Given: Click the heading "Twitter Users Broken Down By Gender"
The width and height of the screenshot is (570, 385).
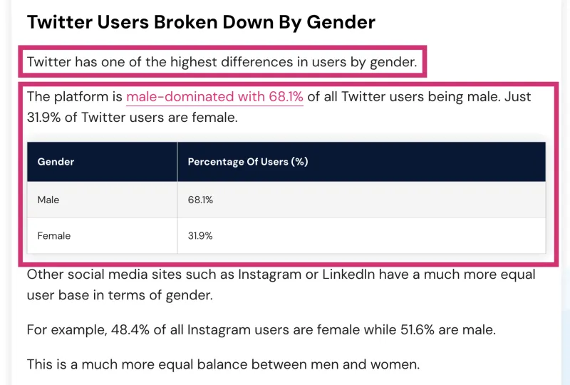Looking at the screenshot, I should pyautogui.click(x=201, y=22).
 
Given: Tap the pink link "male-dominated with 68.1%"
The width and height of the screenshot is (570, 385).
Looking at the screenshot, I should pyautogui.click(x=214, y=96).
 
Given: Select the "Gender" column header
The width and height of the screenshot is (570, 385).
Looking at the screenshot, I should pyautogui.click(x=56, y=162).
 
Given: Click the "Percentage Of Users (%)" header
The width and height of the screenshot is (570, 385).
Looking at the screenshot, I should pyautogui.click(x=247, y=162).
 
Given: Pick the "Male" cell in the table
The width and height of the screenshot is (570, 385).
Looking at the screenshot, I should pyautogui.click(x=48, y=200).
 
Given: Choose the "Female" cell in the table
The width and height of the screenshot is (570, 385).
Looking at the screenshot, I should pyautogui.click(x=54, y=236).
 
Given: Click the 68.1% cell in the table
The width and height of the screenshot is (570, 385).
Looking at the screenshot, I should pyautogui.click(x=200, y=200).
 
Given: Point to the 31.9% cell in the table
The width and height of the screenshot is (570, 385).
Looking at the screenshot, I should pyautogui.click(x=200, y=236).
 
